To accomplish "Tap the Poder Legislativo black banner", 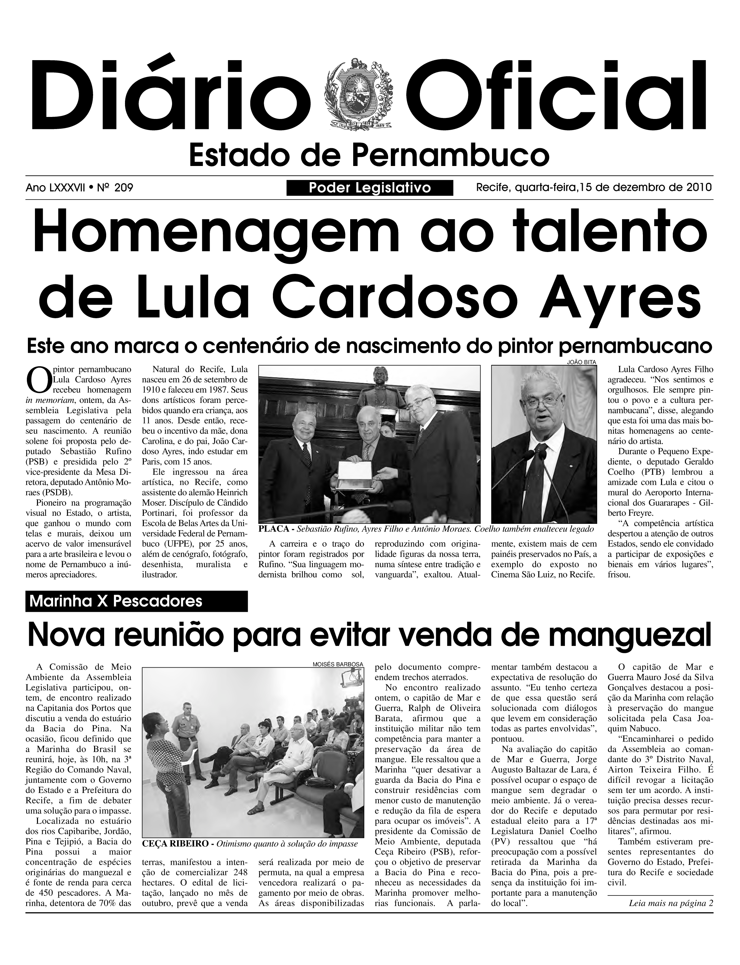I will (x=370, y=188).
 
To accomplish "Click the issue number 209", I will (x=123, y=188).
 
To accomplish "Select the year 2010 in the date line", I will (x=699, y=187).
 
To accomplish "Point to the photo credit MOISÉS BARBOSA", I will (x=338, y=664).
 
